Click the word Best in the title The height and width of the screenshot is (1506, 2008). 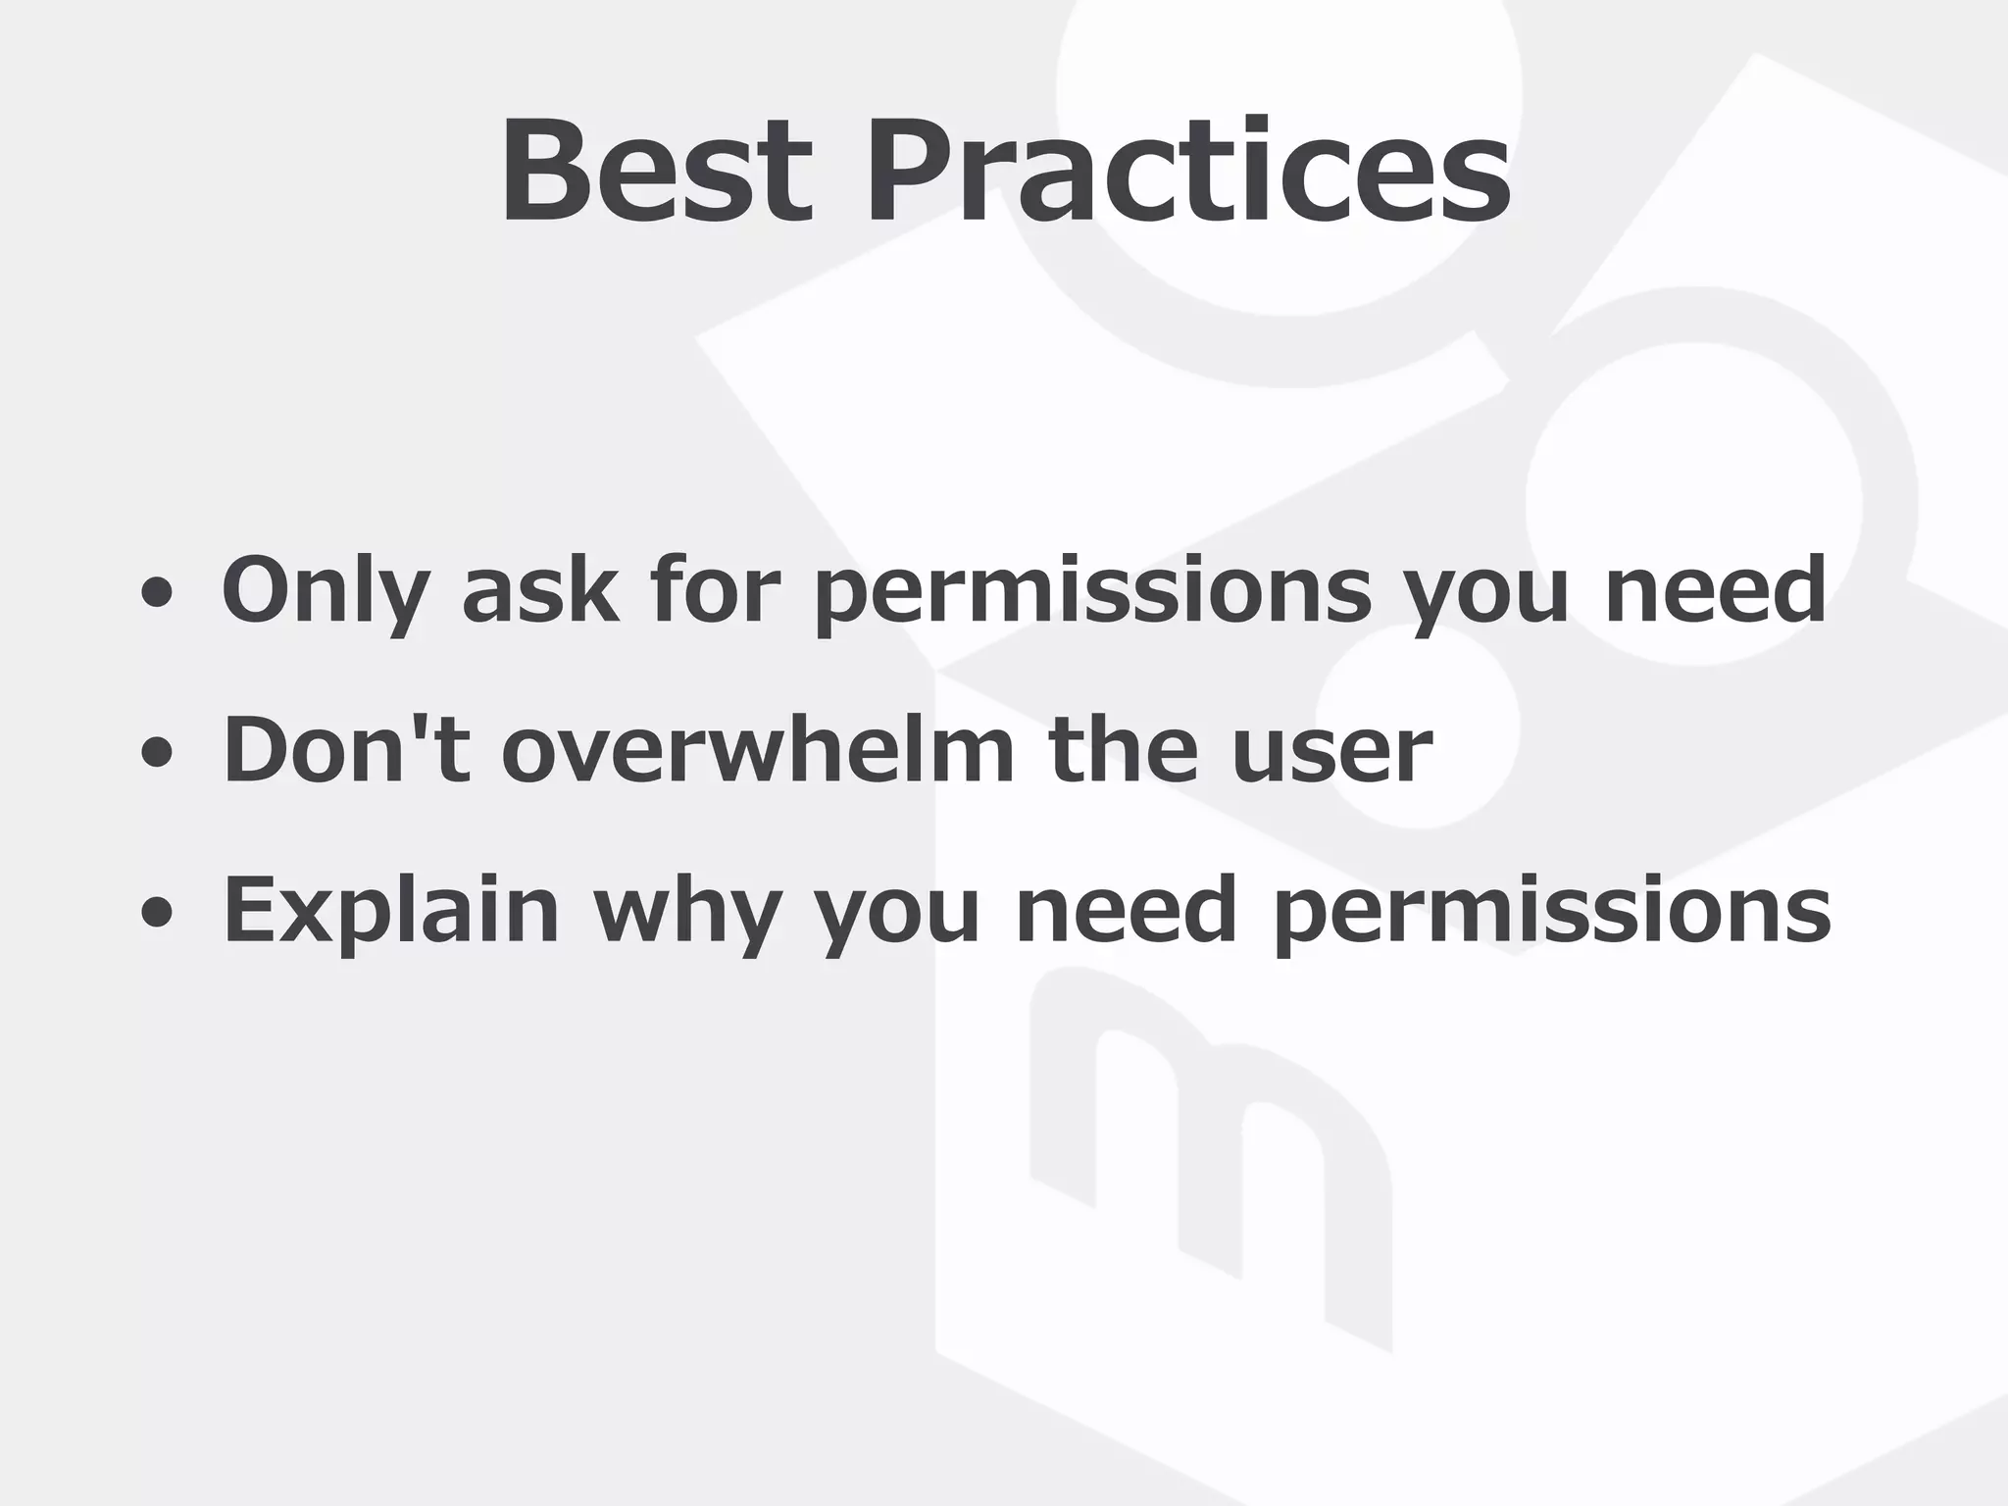pos(657,172)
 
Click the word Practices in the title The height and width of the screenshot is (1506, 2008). pos(1187,172)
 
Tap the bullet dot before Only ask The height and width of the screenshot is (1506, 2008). pos(157,592)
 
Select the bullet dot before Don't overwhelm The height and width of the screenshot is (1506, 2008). pos(157,753)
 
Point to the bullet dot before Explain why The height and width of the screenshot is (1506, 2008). pos(157,914)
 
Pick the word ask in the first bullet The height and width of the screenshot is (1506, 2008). pos(540,590)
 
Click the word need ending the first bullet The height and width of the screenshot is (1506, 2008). pos(1715,590)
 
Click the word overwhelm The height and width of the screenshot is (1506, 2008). pos(758,751)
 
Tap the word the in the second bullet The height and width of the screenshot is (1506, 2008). pos(1123,751)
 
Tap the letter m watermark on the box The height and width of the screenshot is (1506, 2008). pos(1211,1157)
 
